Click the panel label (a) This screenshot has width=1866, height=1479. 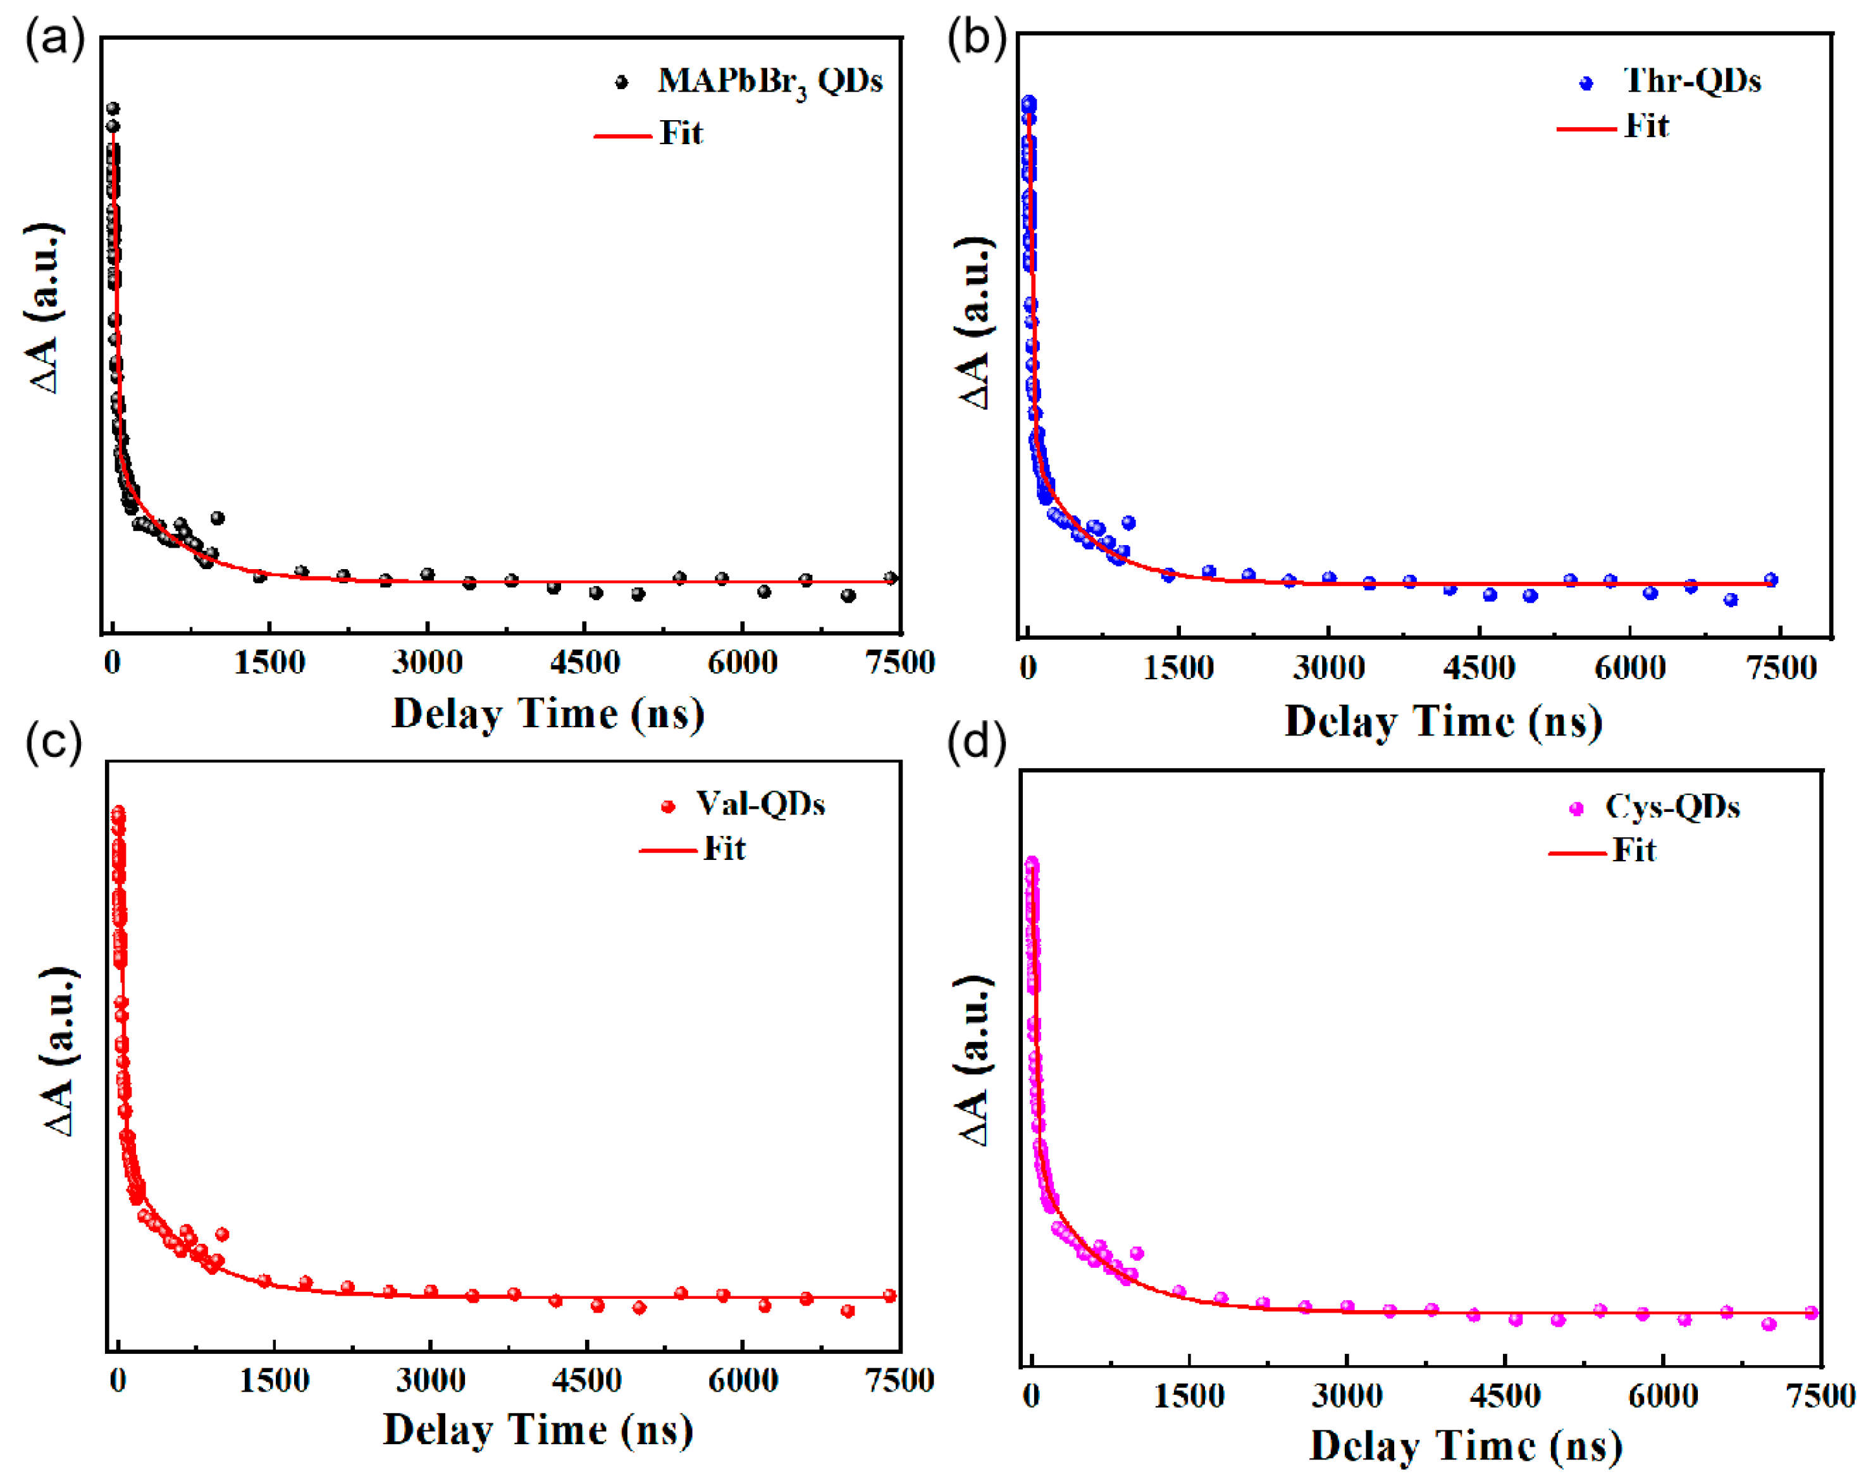coord(54,40)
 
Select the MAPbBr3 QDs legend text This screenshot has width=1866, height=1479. coord(769,82)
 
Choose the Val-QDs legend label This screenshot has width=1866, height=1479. coord(760,804)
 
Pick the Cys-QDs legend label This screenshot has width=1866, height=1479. coord(1672,807)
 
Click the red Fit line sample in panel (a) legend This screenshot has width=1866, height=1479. coord(622,136)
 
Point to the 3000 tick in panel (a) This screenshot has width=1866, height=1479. coord(427,663)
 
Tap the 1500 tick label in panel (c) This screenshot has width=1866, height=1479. coord(275,1380)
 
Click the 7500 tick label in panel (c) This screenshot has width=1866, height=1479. coord(900,1380)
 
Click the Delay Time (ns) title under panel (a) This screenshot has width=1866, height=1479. coord(548,715)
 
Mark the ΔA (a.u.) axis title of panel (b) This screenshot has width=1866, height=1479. coord(975,322)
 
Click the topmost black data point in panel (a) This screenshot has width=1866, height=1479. coord(113,109)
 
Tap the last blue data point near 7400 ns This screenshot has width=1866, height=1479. coord(1770,580)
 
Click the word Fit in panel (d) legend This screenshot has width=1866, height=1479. coord(1634,850)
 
